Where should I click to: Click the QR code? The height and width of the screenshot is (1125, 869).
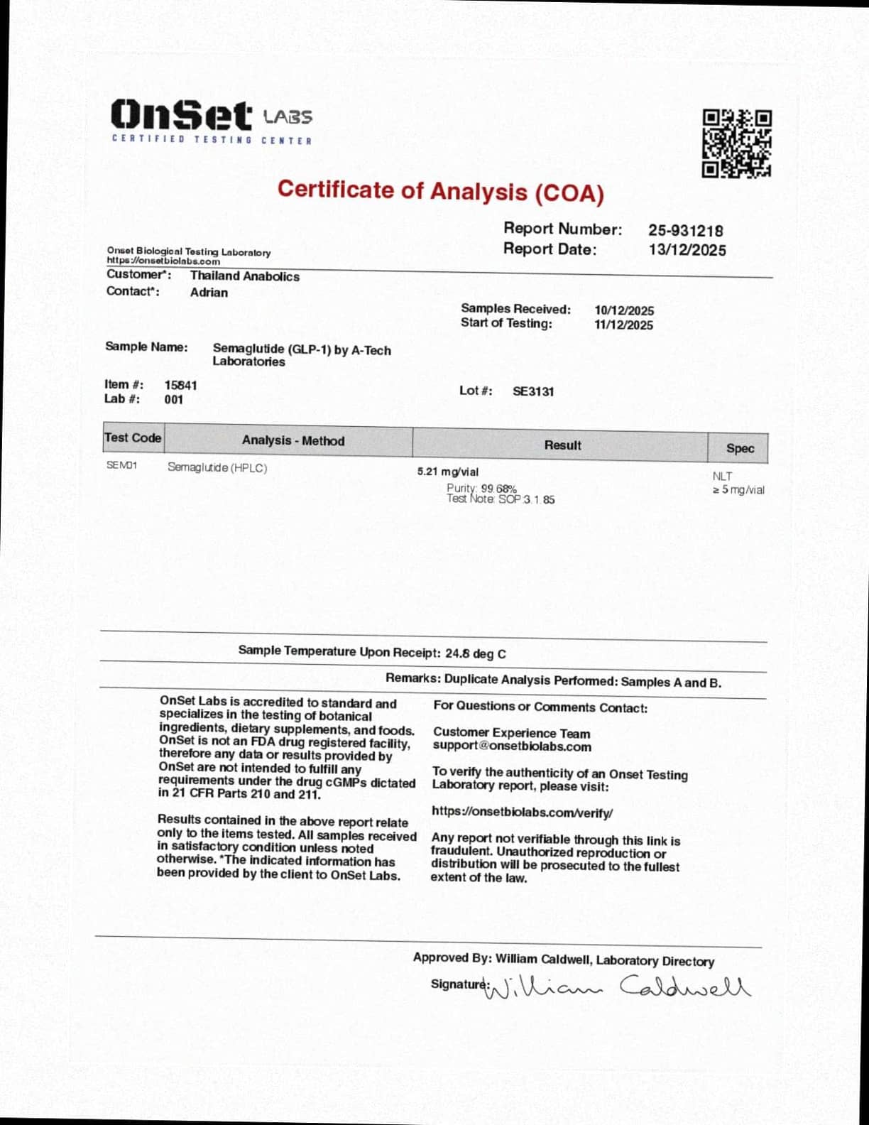(736, 143)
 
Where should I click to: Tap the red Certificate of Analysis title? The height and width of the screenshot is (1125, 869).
(440, 191)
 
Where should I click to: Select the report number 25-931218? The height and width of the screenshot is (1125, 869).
(685, 231)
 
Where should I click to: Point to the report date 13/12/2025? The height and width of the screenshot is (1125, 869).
(687, 250)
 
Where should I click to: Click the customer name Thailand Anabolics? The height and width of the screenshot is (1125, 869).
(244, 276)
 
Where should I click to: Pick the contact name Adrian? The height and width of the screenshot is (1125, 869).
(209, 293)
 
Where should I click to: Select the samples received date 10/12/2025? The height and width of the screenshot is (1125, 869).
(624, 310)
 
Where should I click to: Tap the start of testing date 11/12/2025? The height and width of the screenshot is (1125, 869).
(623, 325)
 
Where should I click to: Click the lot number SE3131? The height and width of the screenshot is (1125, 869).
(533, 391)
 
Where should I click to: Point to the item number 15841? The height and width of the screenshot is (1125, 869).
(180, 385)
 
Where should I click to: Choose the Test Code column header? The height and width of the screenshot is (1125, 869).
(133, 438)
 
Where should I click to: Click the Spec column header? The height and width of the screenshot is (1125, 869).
(739, 448)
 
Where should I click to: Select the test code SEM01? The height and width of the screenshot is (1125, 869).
(121, 465)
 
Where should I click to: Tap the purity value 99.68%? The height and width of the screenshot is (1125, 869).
(498, 489)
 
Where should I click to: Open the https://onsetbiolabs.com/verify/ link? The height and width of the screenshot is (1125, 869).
(522, 812)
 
